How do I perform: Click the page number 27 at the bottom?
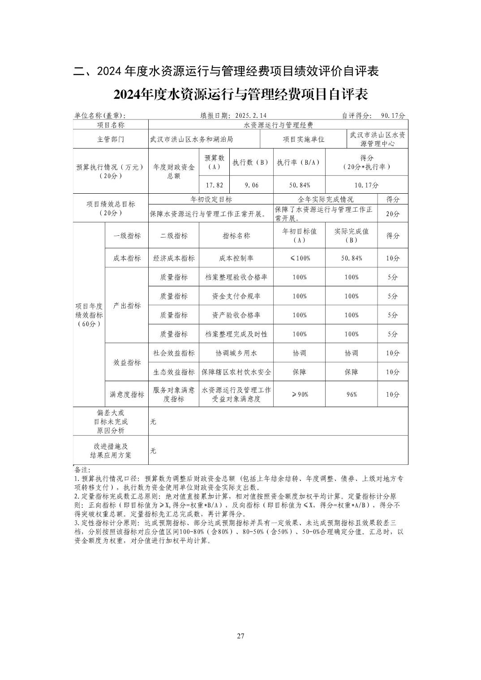coord(240,636)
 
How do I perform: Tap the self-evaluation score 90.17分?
coord(393,115)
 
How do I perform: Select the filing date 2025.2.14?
coord(250,115)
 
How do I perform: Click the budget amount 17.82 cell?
coord(214,185)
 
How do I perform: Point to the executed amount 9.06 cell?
coord(251,185)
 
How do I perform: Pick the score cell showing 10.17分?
coord(366,185)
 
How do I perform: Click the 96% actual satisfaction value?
coord(352,394)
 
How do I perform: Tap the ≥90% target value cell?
coord(300,394)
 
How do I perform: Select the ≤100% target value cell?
coord(300,258)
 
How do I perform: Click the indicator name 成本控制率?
coord(236,258)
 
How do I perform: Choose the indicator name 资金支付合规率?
coord(236,296)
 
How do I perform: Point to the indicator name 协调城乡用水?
coord(236,353)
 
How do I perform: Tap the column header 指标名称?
coord(236,236)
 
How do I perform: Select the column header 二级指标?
coord(174,236)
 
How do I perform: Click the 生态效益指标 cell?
coord(174,372)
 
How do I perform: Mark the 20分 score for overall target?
coord(392,214)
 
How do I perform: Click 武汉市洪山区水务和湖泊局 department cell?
coord(192,139)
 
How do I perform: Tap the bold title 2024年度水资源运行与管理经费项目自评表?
coord(240,94)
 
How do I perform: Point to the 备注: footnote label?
coord(82,470)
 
